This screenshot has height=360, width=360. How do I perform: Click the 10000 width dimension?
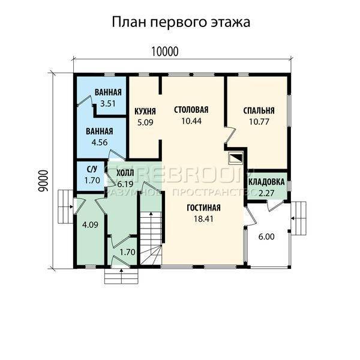point(164,52)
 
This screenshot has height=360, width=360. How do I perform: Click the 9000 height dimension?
point(43,181)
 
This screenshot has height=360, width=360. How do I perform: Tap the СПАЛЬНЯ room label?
point(259,110)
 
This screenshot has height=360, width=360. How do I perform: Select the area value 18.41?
point(203,219)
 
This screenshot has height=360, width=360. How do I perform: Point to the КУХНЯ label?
point(145,112)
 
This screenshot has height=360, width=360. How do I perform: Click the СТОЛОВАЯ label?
point(191,110)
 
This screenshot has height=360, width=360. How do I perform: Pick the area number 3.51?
point(108,104)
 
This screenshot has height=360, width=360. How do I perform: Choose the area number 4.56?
point(100,142)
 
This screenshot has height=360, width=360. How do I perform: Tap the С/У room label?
point(92,169)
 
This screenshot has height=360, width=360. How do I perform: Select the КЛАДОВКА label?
point(266,182)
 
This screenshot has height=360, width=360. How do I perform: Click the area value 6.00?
point(266,237)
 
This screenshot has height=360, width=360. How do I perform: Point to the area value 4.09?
point(90,225)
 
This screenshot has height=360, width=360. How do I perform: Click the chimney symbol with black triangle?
point(236,158)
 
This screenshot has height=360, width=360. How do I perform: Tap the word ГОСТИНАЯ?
point(203,208)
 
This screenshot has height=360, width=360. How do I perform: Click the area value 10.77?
point(259,122)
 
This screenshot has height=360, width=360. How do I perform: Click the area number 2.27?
point(266,193)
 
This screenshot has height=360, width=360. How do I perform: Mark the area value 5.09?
point(145,122)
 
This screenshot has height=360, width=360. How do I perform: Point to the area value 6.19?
point(125,184)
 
